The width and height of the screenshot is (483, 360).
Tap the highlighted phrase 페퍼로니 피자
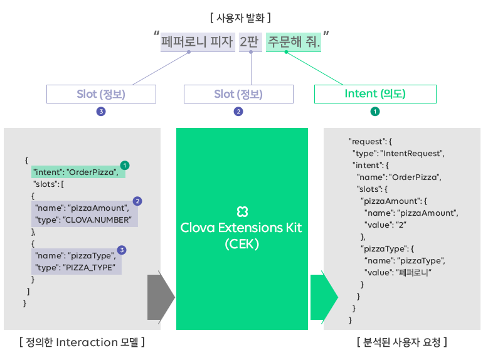198,42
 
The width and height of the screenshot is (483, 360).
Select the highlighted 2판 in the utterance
250,42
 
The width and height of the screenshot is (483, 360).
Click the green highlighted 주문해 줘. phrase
294,42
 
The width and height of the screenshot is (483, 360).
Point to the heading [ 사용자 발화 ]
240,18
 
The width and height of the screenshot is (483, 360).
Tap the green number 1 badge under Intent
375,112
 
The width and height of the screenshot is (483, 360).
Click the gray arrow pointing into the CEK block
161,297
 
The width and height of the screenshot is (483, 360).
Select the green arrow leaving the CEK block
324,297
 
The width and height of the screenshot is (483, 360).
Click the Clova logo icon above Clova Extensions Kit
242,211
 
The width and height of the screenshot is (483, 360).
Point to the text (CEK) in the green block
242,244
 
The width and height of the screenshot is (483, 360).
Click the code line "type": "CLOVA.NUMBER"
83,220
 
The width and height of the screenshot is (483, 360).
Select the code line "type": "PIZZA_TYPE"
75,268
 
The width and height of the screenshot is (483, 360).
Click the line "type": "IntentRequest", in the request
398,154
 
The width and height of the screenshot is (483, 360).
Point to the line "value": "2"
385,225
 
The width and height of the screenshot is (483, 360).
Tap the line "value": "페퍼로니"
398,273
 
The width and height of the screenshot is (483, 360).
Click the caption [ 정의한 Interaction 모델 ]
82,342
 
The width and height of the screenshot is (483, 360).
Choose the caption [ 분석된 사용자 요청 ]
402,342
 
